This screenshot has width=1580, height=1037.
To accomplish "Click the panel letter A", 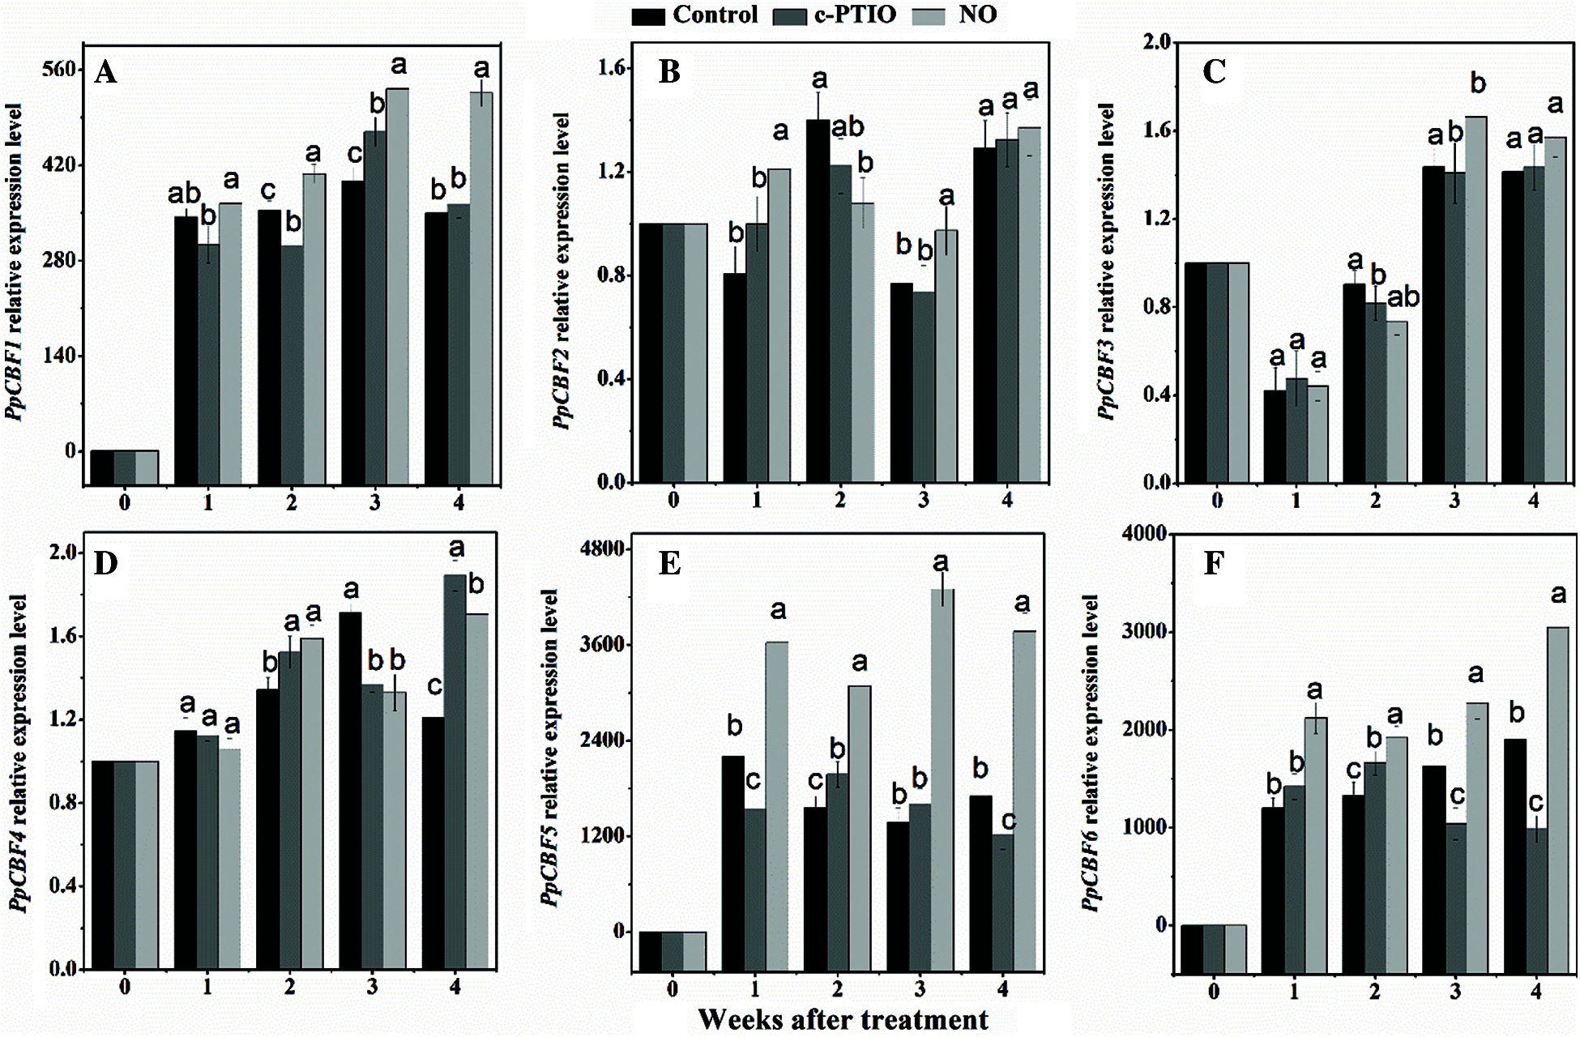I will pos(105,73).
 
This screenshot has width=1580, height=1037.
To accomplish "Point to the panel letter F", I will pos(1213,562).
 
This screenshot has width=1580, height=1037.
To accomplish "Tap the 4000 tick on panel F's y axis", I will pos(1143,534).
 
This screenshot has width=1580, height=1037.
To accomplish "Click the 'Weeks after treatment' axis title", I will pos(843,1019).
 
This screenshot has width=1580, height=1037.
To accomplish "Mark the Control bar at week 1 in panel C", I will pos(1275,437).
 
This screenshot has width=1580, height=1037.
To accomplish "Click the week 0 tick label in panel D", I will pos(125,988).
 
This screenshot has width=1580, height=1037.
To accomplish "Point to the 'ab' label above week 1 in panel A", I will pos(184,194).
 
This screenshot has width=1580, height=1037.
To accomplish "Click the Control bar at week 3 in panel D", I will pos(350,791).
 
